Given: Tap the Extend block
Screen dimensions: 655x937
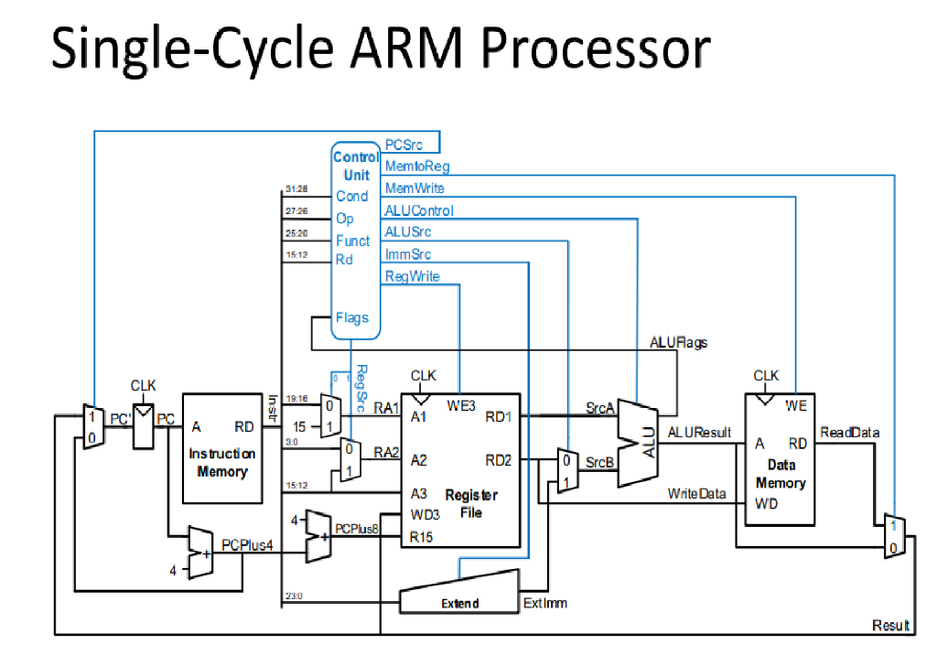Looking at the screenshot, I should coord(460,600).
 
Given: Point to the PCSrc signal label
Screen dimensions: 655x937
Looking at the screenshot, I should coord(404,145).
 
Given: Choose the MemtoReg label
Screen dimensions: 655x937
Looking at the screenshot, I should coord(417,166).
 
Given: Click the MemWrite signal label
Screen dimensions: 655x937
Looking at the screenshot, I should coord(415,188).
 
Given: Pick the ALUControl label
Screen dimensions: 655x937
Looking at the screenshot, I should coord(419,210).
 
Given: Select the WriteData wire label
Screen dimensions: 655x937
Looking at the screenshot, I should coord(696,494).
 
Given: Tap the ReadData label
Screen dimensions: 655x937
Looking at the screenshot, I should coord(848,432).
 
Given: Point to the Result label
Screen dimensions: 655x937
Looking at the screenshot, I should coord(890,626).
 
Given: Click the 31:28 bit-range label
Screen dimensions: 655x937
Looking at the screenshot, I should coord(296,188).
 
